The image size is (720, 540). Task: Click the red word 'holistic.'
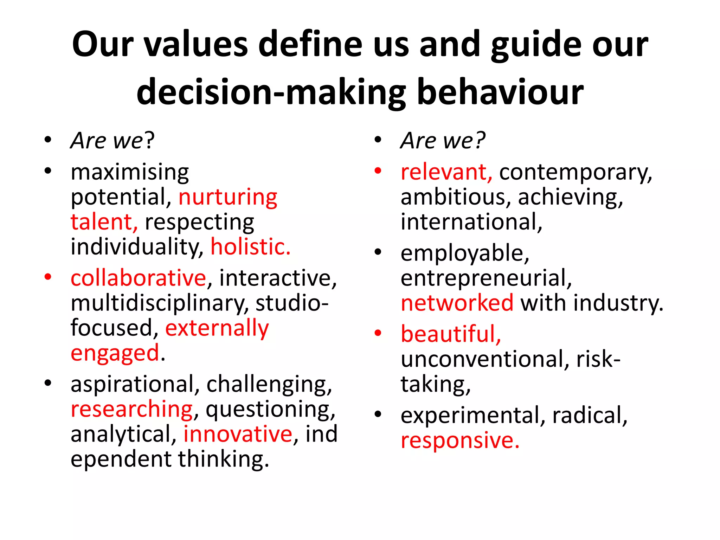(x=250, y=246)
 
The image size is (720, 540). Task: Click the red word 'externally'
(x=217, y=328)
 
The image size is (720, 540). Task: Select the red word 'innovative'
(x=238, y=434)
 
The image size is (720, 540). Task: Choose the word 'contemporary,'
(x=576, y=173)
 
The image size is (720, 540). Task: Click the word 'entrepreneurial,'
(x=486, y=278)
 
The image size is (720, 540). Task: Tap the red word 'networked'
(x=457, y=303)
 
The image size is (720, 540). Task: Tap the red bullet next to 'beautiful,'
(x=378, y=333)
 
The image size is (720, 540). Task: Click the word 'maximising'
(x=130, y=172)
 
